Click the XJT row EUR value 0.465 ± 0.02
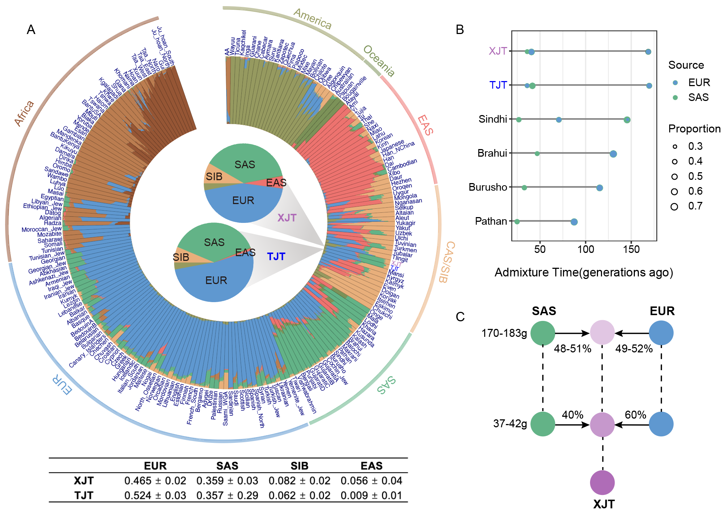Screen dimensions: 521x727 155,481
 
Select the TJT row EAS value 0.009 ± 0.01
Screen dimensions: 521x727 371,495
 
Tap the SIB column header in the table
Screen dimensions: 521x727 299,466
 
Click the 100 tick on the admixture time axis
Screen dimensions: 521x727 585,249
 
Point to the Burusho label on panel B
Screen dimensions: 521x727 488,187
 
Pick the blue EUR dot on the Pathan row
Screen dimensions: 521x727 574,222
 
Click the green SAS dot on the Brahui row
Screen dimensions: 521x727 537,154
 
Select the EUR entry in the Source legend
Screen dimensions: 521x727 699,82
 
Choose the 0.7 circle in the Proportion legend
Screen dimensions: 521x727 674,207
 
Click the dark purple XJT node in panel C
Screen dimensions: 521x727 602,482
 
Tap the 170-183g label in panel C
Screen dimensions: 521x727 504,333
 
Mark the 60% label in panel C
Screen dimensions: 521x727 635,415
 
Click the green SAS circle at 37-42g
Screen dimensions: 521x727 543,424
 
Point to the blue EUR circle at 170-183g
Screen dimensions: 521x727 661,333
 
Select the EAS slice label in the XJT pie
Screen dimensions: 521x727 276,183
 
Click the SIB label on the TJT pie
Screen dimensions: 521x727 181,257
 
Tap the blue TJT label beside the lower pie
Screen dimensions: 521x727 276,257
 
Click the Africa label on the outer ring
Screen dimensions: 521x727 24,113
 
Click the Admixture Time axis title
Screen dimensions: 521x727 584,272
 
